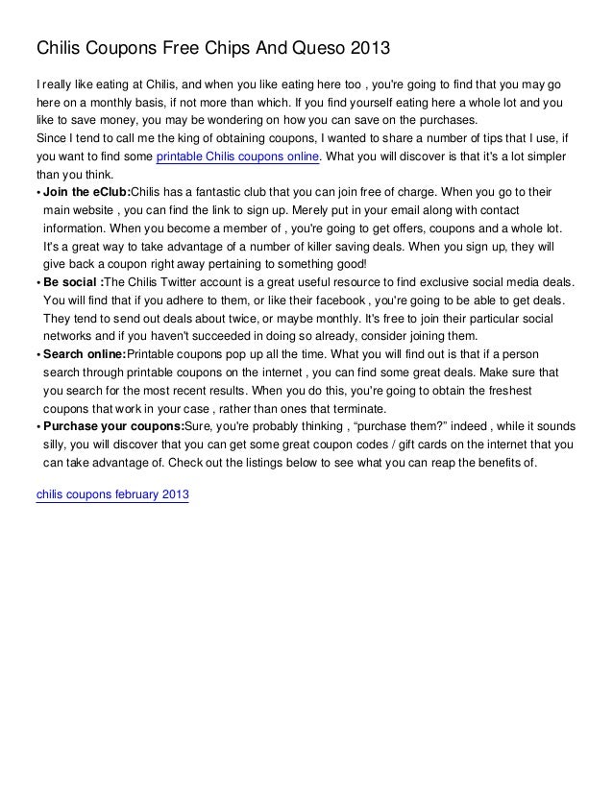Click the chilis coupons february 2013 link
(x=112, y=494)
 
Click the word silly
(x=57, y=445)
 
